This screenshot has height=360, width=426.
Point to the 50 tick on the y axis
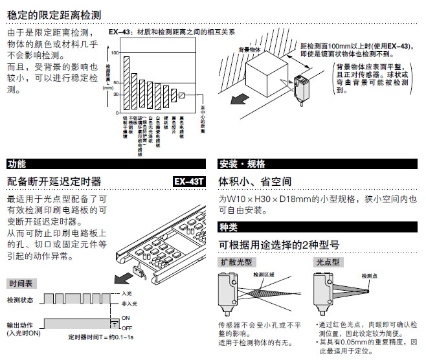point(116,83)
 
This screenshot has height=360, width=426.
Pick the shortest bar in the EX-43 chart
point(182,95)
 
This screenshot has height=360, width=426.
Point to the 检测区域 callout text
point(263,275)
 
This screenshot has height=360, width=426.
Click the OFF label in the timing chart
point(126,328)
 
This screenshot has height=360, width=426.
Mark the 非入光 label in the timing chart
point(129,303)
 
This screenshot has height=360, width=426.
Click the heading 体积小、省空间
point(255,181)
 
